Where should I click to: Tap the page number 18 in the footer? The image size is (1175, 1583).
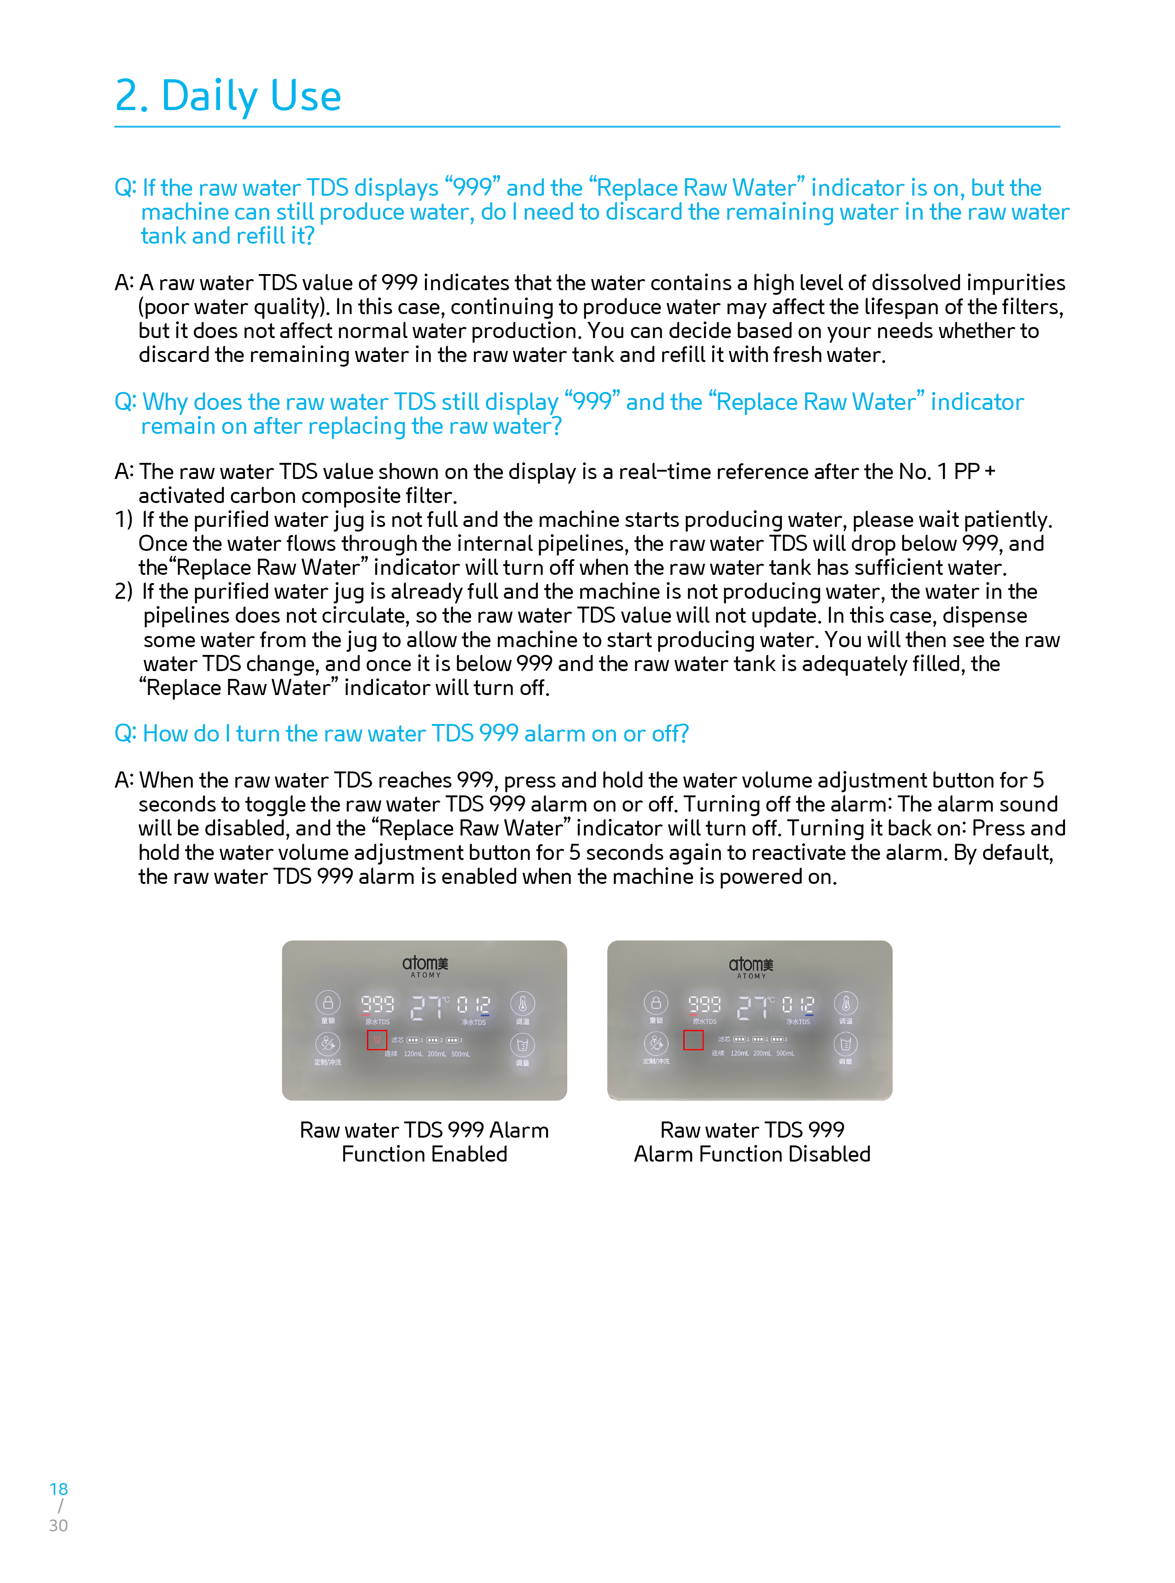pos(58,1489)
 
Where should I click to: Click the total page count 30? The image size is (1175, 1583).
pos(58,1525)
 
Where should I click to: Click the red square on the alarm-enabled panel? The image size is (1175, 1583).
pos(377,1040)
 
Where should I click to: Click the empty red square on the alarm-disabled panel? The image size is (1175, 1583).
pos(693,1040)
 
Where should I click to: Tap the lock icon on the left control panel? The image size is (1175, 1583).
pos(328,1003)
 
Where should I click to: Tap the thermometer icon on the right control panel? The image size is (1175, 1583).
pos(846,1003)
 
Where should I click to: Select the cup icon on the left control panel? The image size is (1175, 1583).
pos(522,1045)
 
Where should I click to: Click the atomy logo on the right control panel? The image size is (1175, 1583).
pos(750,965)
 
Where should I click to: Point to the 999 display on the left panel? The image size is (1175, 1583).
pos(377,1003)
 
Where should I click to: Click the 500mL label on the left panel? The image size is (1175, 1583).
pos(460,1054)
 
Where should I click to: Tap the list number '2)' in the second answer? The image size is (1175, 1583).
pos(124,591)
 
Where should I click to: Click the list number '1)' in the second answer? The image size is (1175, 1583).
pos(124,520)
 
